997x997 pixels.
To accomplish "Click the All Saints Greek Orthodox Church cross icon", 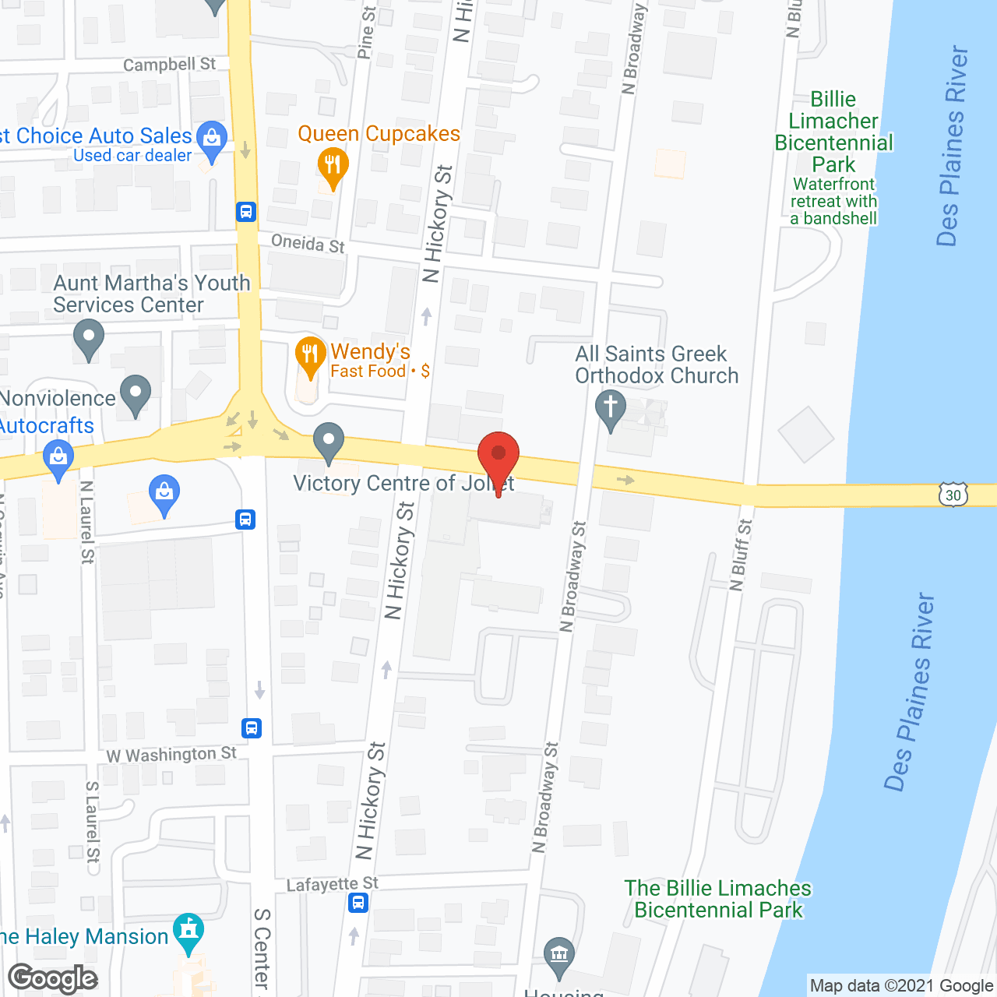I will (x=610, y=408).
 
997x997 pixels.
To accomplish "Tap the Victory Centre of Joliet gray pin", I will (x=329, y=442).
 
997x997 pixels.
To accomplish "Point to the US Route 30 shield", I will (x=953, y=495).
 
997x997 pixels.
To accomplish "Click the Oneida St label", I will (x=308, y=244).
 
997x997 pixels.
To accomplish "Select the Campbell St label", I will (x=169, y=65).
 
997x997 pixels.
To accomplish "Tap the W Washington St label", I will (x=171, y=755).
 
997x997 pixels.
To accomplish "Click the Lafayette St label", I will (x=332, y=884).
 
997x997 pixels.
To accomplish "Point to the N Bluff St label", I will (x=741, y=555).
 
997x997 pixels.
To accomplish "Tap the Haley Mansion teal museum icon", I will (x=188, y=931).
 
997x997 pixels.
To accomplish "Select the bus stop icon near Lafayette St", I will (x=358, y=903).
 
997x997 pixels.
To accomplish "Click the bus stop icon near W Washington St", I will (x=252, y=728).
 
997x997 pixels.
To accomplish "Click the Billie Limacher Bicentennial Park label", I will (x=833, y=132).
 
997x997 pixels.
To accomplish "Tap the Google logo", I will (x=53, y=978).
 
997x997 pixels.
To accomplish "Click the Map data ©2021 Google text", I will (x=902, y=985).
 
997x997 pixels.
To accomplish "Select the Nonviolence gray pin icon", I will (x=136, y=393).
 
